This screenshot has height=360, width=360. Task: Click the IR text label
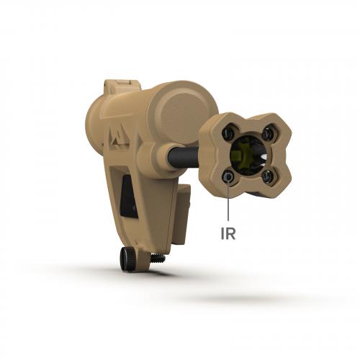(228, 233)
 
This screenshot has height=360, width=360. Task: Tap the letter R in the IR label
(230, 233)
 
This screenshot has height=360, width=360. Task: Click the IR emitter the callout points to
(228, 176)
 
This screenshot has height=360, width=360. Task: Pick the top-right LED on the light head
(267, 132)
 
